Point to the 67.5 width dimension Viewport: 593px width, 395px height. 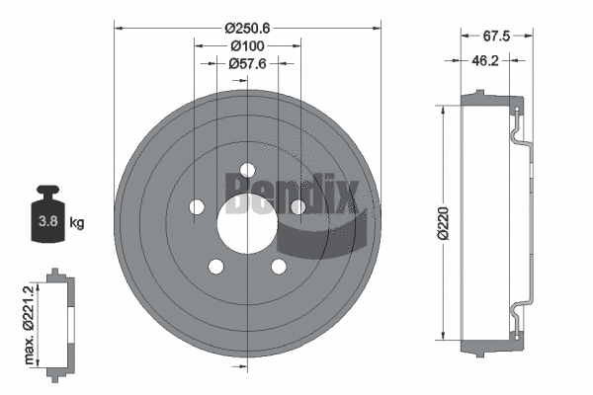point(495,37)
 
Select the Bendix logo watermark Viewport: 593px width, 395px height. point(296,188)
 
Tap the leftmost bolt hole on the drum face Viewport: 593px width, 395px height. point(197,207)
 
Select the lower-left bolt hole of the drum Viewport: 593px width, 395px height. point(214,265)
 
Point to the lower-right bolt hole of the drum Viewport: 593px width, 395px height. point(277,265)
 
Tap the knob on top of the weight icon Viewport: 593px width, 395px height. point(46,193)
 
